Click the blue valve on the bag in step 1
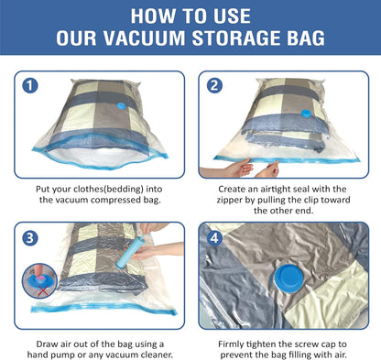[125, 108]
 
